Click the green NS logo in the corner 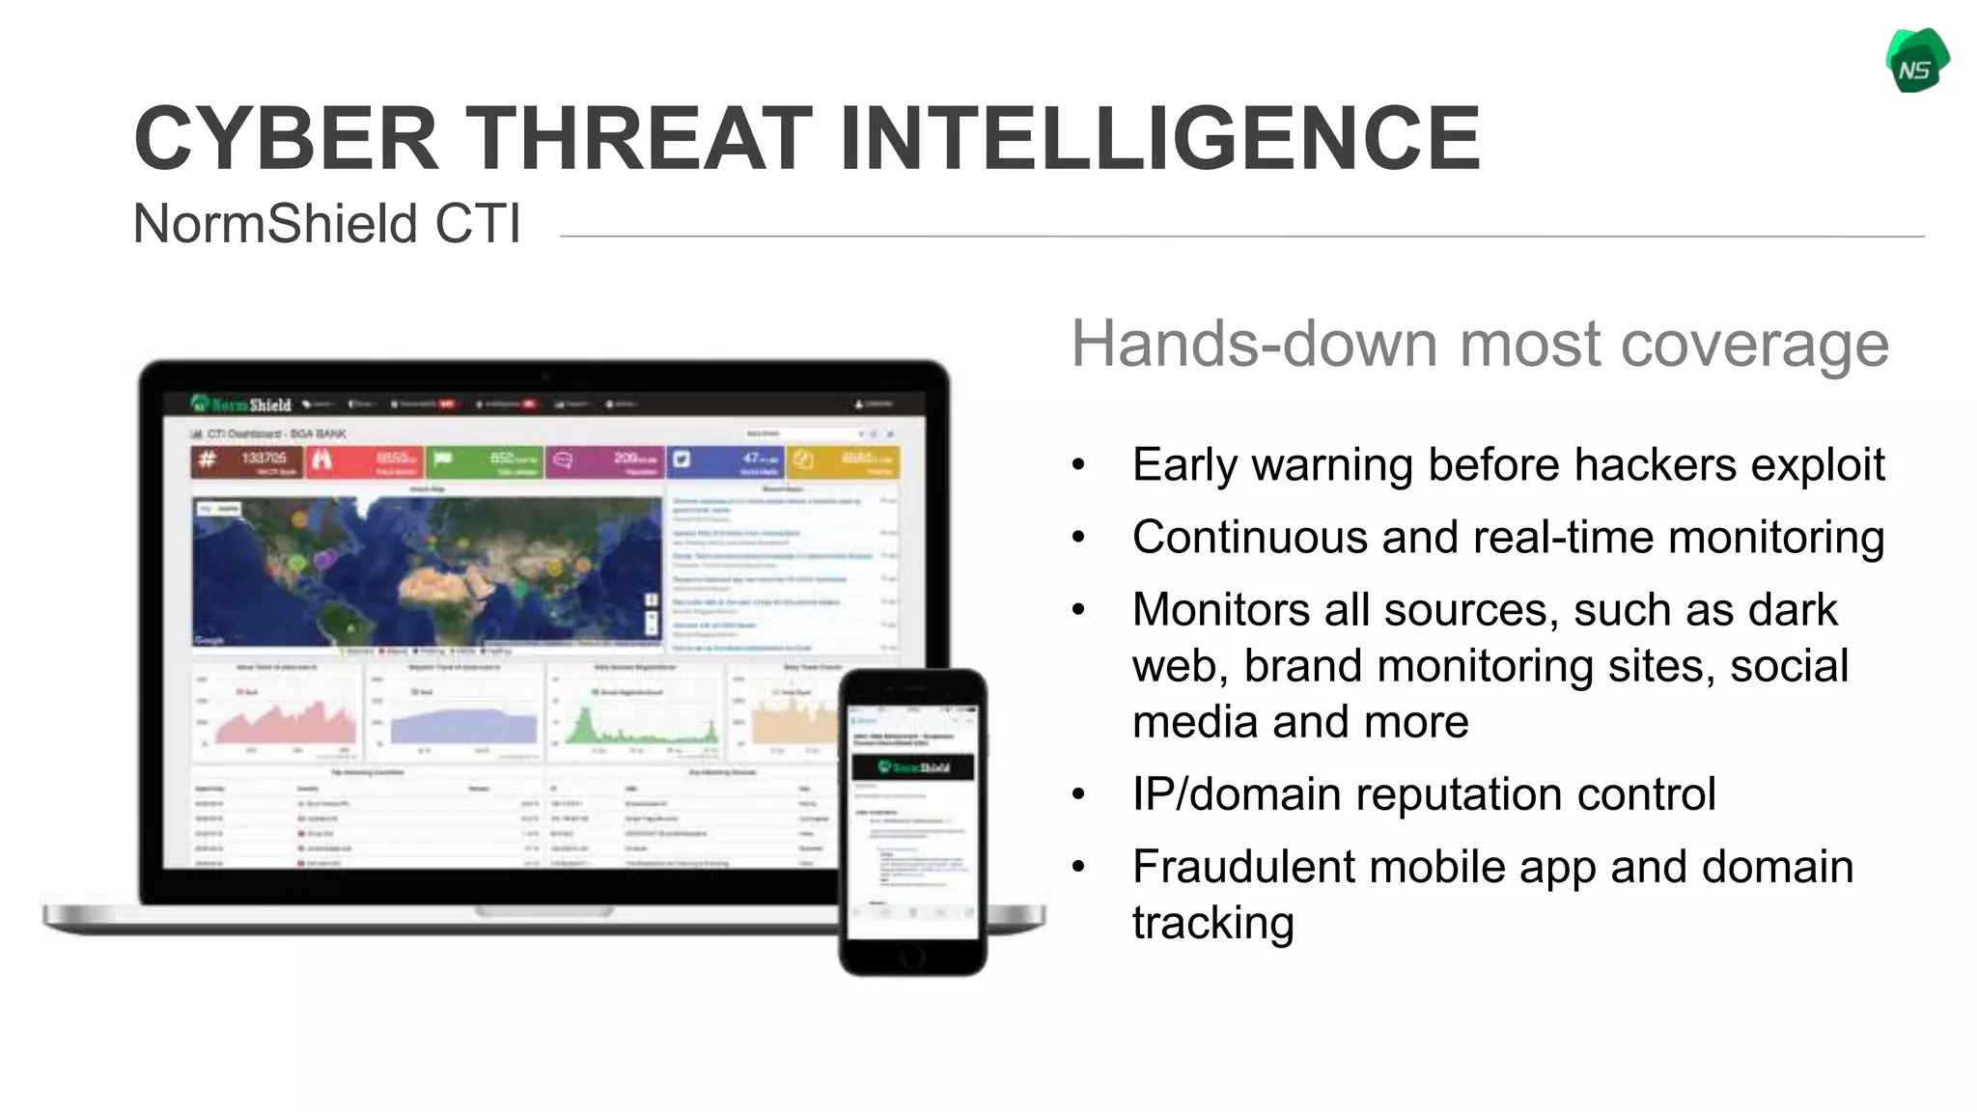pos(1917,62)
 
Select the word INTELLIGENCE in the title pos(1160,139)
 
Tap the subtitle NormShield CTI pos(326,224)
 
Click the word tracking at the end pos(1212,923)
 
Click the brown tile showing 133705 pos(247,462)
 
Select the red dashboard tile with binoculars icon pos(366,462)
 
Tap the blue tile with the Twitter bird pos(726,462)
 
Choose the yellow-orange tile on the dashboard pos(844,462)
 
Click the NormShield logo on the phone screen pos(912,767)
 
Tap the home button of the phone pos(912,958)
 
